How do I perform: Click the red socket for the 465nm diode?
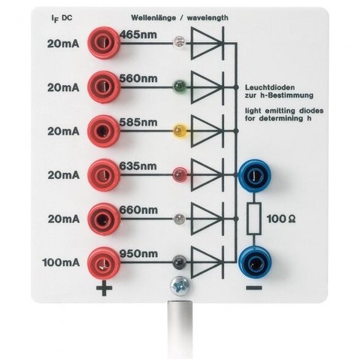point(104,43)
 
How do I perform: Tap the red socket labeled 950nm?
point(104,263)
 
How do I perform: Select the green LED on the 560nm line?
point(180,86)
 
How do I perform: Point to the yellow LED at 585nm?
point(180,131)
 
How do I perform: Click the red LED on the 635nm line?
point(180,174)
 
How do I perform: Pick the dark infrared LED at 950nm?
point(180,262)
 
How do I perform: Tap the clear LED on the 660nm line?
point(180,219)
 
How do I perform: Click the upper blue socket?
point(255,175)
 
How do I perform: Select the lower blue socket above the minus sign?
point(255,262)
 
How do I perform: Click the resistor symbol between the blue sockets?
point(254,219)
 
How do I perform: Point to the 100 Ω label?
point(281,219)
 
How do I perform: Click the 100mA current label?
point(61,262)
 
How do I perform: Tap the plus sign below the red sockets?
point(104,288)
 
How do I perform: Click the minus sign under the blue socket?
point(254,288)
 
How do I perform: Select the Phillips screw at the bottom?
point(180,286)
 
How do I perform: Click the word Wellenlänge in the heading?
point(153,18)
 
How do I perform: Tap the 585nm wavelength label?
point(138,123)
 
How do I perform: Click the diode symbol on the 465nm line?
point(208,43)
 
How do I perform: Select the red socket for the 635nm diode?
point(104,174)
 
